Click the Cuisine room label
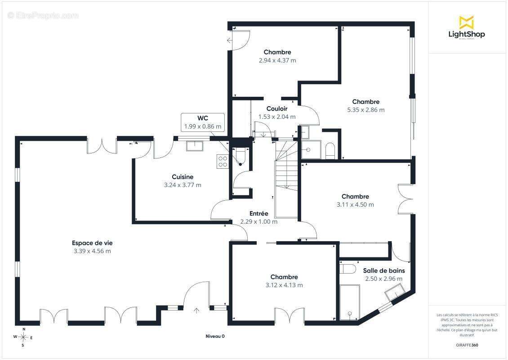pos(183,177)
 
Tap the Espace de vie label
pos(92,243)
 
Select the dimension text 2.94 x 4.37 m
pos(277,60)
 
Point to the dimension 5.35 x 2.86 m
pos(366,110)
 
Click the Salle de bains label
pos(384,270)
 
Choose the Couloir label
pos(277,108)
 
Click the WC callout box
pos(203,122)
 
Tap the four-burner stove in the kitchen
pos(223,162)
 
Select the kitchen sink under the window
pos(194,146)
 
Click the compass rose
pos(23,337)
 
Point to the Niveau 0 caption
pos(215,336)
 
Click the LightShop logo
pos(467,27)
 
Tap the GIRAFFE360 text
pos(467,345)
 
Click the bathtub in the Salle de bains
pos(350,302)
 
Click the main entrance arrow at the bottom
pos(196,310)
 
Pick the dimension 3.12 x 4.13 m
pos(284,285)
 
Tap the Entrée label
pos(259,213)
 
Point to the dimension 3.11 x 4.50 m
pos(355,205)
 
